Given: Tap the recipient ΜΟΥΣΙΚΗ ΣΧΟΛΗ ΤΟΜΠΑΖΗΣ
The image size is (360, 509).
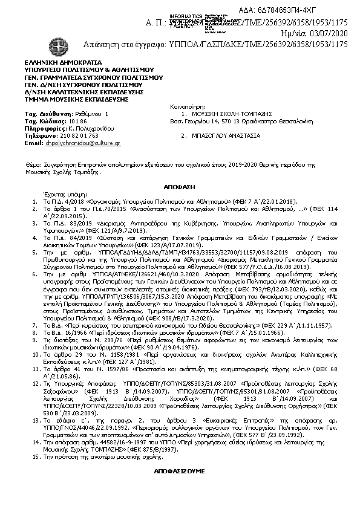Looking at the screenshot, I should pos(230,114).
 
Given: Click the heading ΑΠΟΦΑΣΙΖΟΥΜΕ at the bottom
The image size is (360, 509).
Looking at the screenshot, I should pos(179,470).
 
